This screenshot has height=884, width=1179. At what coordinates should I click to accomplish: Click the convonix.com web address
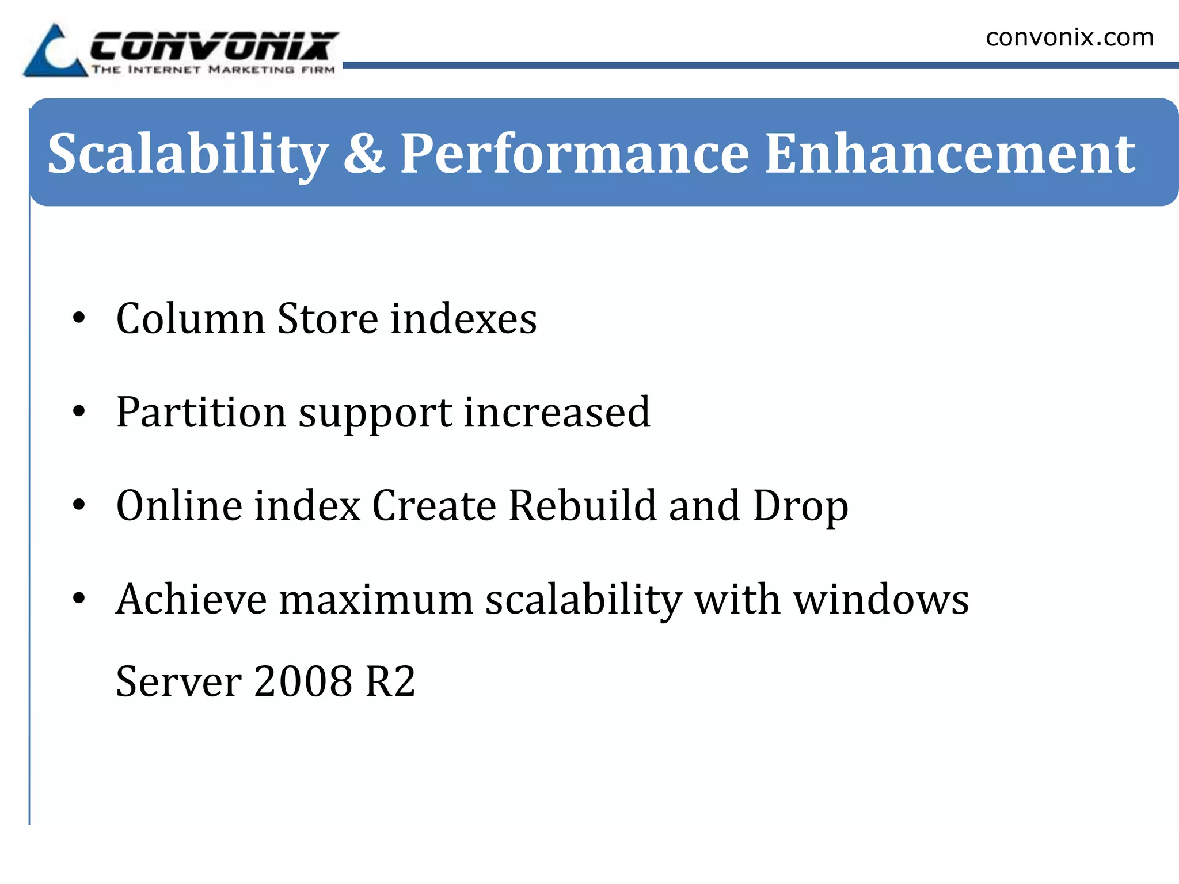[1070, 38]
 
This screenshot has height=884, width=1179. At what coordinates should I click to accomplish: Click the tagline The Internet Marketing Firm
[213, 70]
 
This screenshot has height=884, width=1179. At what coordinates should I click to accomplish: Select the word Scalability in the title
[188, 154]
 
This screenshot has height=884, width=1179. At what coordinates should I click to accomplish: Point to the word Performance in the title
[575, 154]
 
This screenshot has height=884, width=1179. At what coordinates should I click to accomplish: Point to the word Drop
[801, 506]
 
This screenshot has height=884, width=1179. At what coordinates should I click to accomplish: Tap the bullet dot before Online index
[79, 505]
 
